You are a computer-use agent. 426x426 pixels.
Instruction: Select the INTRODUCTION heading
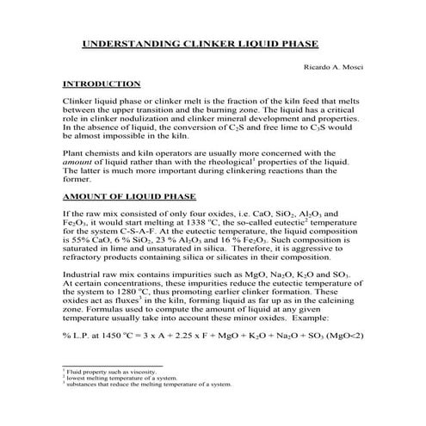(102, 84)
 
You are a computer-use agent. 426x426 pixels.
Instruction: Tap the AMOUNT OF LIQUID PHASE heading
(130, 196)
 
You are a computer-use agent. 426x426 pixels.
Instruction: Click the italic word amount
(78, 161)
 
